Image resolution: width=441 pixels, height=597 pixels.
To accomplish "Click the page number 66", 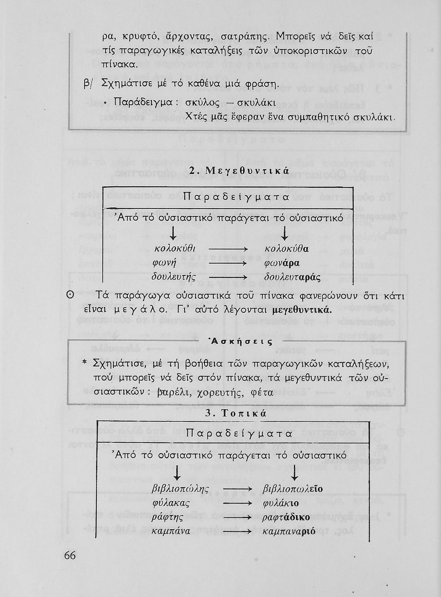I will coord(70,555).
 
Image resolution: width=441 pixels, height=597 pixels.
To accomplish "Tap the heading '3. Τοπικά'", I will coord(235,414).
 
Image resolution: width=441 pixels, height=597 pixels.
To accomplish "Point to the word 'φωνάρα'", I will coord(282,263).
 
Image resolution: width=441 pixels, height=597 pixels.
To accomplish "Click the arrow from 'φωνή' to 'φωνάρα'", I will coord(228,263).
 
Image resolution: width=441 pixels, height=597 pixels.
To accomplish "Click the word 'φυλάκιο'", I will coord(281,503).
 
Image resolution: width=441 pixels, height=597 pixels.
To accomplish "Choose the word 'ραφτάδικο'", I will coord(284,517).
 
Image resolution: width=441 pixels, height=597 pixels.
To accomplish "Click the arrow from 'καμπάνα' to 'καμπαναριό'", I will coord(238,531).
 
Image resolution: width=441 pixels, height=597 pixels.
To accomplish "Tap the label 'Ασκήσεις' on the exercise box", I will coord(241,341).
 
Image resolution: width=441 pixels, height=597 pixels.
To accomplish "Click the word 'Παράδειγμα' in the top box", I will coord(142,102).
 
